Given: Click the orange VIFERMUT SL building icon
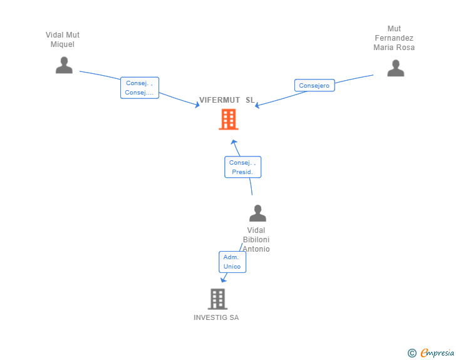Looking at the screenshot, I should click(228, 119).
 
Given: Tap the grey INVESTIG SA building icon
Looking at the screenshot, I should click(217, 299).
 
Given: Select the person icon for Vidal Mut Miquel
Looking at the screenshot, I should click(64, 65).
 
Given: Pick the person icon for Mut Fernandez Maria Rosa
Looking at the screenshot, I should click(395, 68).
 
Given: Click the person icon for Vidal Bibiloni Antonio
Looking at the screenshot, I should click(257, 214).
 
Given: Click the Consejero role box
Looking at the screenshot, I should click(314, 86).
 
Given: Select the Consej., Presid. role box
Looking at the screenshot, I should click(242, 167).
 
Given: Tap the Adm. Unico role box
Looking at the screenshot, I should click(232, 262).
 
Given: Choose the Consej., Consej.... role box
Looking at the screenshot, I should click(140, 88).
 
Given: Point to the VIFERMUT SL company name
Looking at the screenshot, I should click(227, 100).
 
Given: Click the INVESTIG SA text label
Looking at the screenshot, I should click(216, 317).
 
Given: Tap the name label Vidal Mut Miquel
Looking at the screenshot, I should click(63, 39).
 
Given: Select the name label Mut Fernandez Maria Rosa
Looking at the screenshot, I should click(394, 38).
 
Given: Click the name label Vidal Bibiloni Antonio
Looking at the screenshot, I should click(256, 240).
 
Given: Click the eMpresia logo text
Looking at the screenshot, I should click(437, 353).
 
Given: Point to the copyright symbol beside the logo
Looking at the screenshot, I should click(412, 353).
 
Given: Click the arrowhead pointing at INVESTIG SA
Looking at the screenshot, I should click(224, 279).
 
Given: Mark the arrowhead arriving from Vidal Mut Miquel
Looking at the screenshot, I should click(197, 105).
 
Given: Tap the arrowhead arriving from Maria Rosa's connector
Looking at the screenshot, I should click(257, 105).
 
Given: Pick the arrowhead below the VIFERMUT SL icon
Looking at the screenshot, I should click(233, 142).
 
